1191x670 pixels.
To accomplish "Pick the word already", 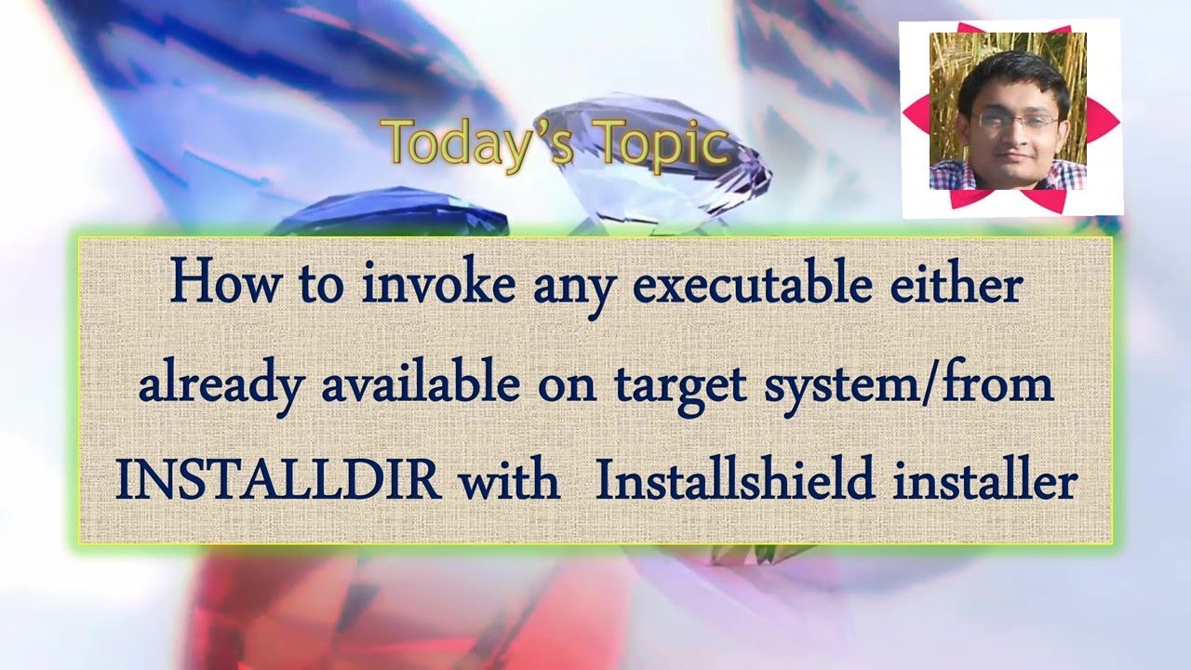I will coord(221,384).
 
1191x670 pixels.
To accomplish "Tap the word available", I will coord(420,384).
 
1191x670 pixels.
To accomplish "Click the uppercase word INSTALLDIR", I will coord(277,482).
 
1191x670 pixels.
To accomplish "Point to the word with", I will coord(510,482).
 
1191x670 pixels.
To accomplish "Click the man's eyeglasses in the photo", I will coord(1016,121).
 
